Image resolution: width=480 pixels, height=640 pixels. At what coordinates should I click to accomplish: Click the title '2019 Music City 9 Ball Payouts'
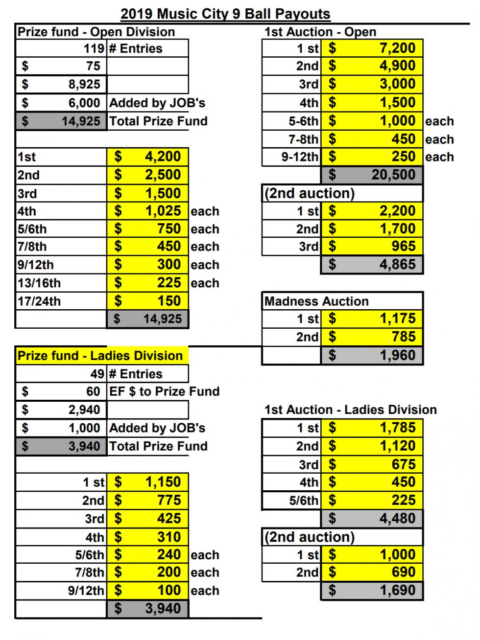pyautogui.click(x=225, y=14)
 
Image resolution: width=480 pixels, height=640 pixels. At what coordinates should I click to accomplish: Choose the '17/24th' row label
pyautogui.click(x=39, y=301)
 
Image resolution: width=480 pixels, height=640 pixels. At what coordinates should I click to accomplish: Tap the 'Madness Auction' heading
pyautogui.click(x=316, y=301)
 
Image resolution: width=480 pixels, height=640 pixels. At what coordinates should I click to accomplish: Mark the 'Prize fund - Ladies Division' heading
pyautogui.click(x=100, y=355)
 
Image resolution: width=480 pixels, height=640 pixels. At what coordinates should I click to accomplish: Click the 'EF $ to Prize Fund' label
pyautogui.click(x=164, y=391)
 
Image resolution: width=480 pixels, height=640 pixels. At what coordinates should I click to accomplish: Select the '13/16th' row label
pyautogui.click(x=39, y=283)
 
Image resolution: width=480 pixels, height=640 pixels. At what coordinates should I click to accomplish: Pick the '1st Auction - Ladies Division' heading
pyautogui.click(x=351, y=410)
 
